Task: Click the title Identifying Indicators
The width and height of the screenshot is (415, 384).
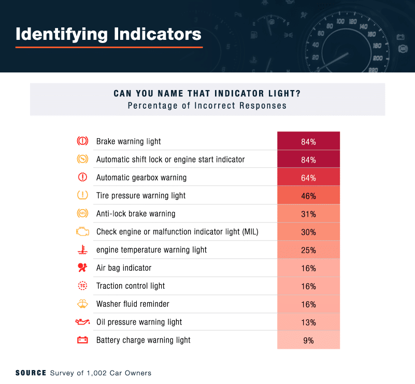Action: (108, 34)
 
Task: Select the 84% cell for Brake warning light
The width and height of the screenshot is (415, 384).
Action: (308, 141)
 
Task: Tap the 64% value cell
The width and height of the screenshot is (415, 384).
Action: (308, 178)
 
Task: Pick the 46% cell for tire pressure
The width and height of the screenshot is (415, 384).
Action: (308, 196)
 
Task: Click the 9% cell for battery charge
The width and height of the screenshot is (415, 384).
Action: (308, 340)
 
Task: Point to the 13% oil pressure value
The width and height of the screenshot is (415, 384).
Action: (308, 322)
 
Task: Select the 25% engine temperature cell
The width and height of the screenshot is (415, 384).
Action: (308, 250)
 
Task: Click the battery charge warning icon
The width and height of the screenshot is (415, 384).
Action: (82, 340)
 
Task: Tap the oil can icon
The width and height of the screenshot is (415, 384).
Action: (82, 322)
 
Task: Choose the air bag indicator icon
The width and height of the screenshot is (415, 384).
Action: (82, 268)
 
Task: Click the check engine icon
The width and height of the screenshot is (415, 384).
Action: (82, 231)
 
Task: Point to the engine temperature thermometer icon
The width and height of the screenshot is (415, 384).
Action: (82, 250)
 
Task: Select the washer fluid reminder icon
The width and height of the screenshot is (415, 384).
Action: (82, 304)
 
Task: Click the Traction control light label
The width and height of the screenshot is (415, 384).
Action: (131, 286)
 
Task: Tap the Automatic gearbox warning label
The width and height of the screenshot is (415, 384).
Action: (141, 178)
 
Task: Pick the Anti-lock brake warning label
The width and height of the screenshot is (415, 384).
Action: (136, 214)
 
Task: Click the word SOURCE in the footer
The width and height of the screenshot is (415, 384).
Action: (31, 373)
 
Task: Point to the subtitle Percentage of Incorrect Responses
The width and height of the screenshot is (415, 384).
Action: (207, 106)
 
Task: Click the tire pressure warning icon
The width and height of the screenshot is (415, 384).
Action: (82, 196)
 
